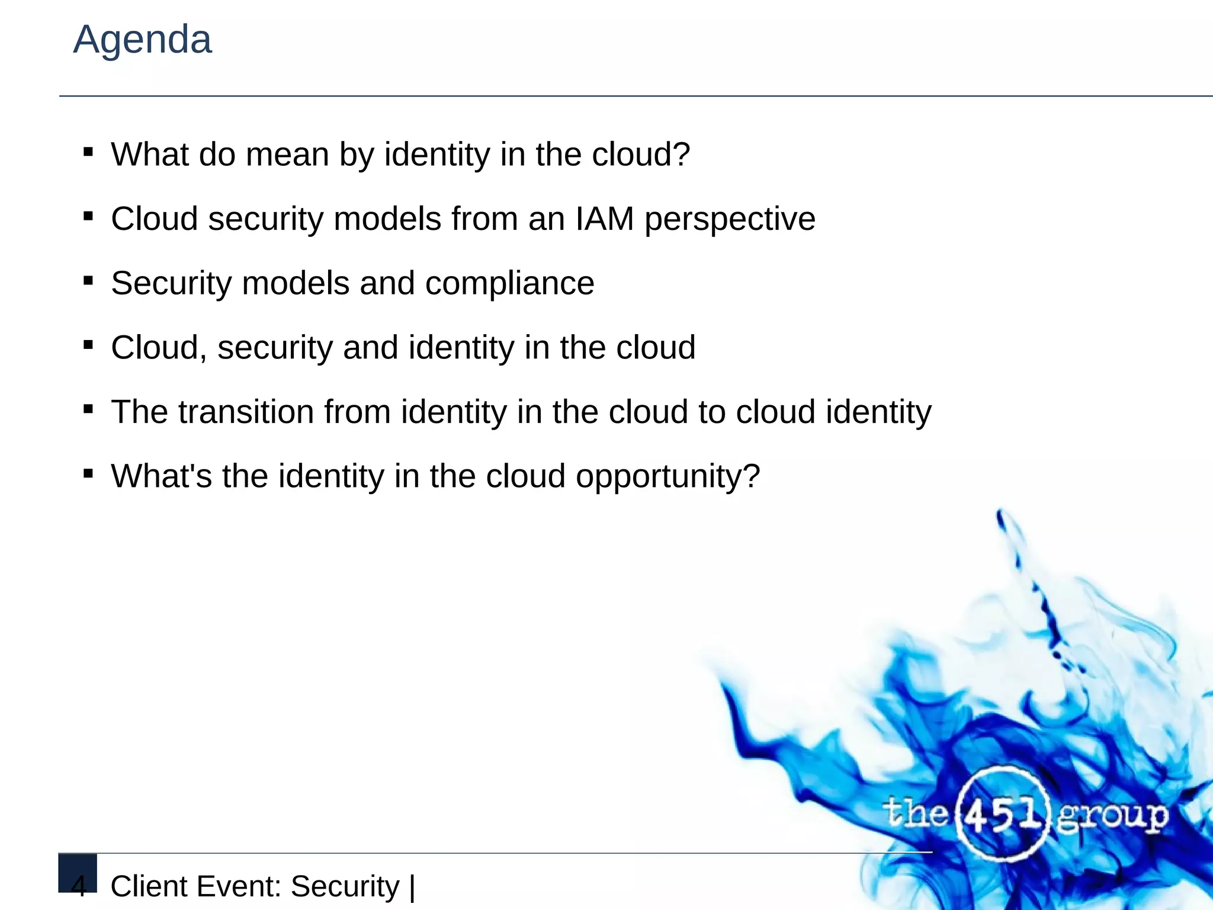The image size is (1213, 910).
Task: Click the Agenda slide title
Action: click(x=142, y=40)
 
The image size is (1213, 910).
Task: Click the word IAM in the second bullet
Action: click(x=604, y=219)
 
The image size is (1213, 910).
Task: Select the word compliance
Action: click(x=509, y=283)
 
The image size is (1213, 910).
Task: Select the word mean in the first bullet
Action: click(x=287, y=155)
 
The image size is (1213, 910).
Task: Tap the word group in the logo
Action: click(x=1112, y=816)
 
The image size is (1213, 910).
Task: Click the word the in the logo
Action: click(x=916, y=813)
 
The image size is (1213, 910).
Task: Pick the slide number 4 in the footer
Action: click(x=78, y=887)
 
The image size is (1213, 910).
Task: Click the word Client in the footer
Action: click(x=149, y=887)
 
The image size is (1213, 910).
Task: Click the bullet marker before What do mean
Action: click(x=88, y=152)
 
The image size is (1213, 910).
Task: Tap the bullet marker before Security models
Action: click(x=88, y=281)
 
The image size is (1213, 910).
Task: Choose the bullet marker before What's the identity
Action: click(x=88, y=473)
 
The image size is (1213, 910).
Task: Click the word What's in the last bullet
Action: click(x=161, y=476)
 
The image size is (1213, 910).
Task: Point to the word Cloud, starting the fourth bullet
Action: click(x=159, y=348)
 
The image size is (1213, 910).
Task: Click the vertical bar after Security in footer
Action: click(x=412, y=887)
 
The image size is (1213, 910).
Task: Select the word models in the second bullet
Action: click(x=387, y=219)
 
